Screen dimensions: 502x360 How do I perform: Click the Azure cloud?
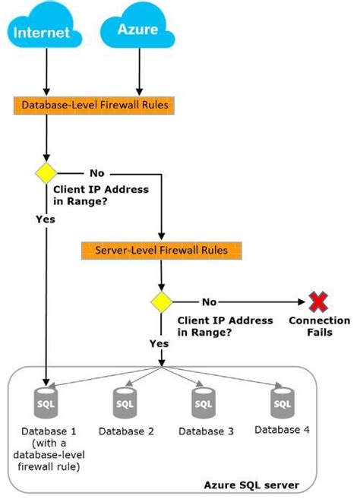(x=137, y=30)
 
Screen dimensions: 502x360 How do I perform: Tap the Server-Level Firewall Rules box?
(x=163, y=249)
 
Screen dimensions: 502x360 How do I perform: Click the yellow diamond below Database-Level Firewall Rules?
(x=47, y=172)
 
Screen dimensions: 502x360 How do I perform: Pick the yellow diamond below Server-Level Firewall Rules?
(x=162, y=302)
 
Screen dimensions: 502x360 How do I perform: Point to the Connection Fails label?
(x=319, y=327)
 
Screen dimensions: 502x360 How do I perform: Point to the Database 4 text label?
(x=282, y=430)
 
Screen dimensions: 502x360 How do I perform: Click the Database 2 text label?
(x=126, y=431)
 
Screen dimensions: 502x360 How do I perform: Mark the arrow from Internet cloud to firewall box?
(x=47, y=76)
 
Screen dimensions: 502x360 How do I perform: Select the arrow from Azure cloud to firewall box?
(x=137, y=76)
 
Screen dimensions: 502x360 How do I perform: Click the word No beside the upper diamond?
(x=97, y=172)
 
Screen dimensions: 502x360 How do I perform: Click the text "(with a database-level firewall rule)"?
(x=48, y=454)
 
